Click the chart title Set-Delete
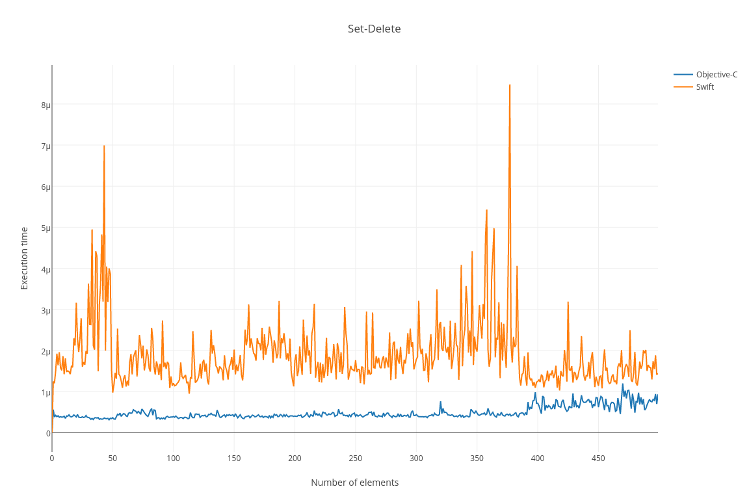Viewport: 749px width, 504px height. pos(374,29)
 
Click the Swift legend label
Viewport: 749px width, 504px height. pos(705,86)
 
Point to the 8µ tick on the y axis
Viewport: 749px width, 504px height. pos(46,105)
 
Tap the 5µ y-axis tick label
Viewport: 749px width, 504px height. pos(46,228)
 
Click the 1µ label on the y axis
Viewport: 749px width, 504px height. pos(46,392)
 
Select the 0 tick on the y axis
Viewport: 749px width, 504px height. pos(48,433)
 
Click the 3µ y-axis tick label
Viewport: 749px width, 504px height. pos(46,310)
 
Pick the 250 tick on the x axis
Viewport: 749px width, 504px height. pos(355,458)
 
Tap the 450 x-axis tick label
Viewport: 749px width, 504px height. pos(598,458)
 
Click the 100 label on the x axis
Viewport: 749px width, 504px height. pos(173,458)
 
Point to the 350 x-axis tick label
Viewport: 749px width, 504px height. pos(477,458)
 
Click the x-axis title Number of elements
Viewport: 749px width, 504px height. pos(354,483)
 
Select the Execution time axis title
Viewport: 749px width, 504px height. pos(25,258)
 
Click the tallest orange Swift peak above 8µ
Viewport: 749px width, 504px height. pos(510,86)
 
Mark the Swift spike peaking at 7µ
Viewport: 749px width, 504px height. pos(104,147)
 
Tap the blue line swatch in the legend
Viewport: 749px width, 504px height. pos(683,74)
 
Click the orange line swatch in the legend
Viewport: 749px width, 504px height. pos(683,86)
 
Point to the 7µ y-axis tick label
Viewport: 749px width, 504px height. pos(46,146)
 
